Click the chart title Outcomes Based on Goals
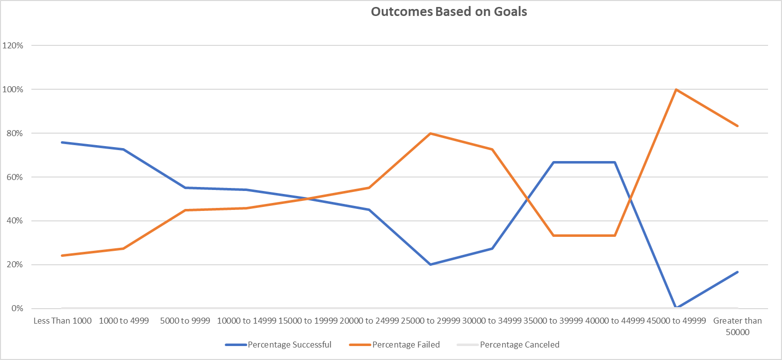tap(449, 12)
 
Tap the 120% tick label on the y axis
tap(13, 45)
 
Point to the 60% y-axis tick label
tap(14, 177)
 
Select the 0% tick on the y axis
tap(17, 308)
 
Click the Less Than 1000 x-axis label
tap(62, 321)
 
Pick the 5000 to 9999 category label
tap(185, 321)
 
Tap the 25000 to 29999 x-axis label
tap(430, 321)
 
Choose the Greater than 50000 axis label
tap(737, 326)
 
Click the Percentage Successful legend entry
tap(289, 345)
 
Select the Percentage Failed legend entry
tap(406, 345)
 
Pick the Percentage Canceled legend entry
tap(519, 345)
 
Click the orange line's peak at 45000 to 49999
tap(676, 90)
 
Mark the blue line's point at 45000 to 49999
tap(676, 308)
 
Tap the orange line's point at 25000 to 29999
tap(430, 134)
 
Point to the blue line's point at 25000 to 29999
tap(430, 264)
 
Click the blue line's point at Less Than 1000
tap(62, 143)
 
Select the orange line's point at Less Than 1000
tap(62, 255)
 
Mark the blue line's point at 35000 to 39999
tap(553, 163)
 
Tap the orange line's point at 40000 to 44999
tap(615, 235)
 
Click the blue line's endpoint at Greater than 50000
tap(737, 272)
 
